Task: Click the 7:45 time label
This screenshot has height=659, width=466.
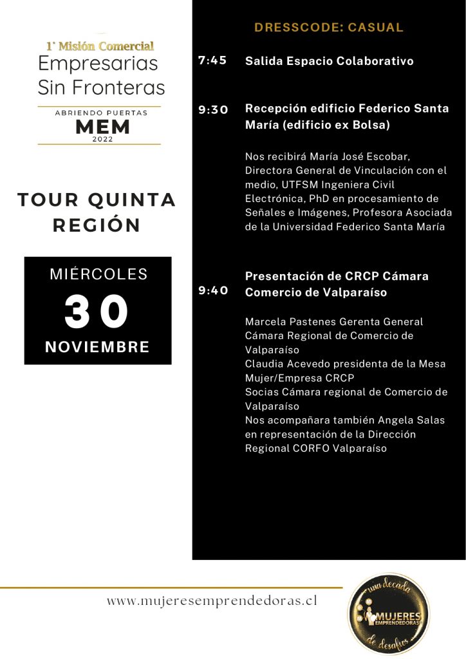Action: (x=212, y=61)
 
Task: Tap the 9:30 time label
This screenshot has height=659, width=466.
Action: (x=213, y=109)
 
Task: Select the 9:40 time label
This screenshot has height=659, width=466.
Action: (x=213, y=290)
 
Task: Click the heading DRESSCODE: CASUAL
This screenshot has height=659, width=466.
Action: (x=328, y=28)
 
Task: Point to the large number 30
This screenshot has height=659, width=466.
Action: (x=97, y=312)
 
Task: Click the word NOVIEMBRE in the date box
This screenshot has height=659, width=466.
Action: (x=97, y=348)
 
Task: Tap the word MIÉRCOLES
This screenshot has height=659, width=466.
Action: (x=98, y=274)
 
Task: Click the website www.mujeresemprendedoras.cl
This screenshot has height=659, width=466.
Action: (x=212, y=601)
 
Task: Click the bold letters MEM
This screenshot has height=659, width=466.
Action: (x=102, y=126)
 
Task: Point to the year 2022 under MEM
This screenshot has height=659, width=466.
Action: (x=102, y=139)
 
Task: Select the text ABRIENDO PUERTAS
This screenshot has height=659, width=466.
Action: (x=100, y=113)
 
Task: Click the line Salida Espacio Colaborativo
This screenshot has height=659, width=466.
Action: (x=329, y=61)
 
